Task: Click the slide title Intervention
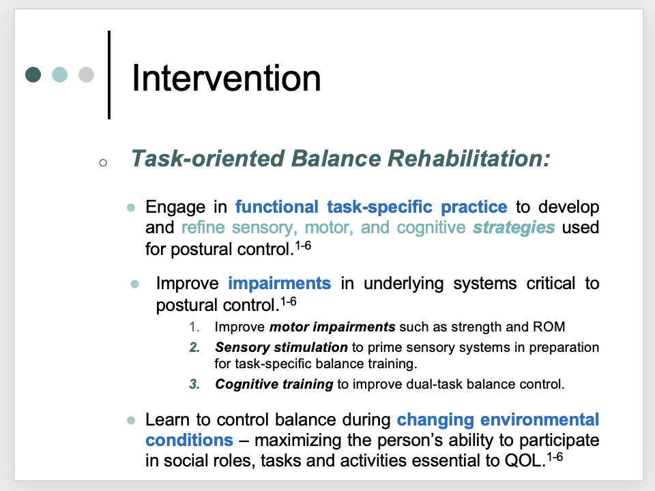point(226,78)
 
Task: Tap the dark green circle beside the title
point(33,74)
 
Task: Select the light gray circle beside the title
point(86,74)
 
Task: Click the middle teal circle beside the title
point(60,74)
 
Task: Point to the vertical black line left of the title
point(108,74)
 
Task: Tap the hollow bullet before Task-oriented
point(102,163)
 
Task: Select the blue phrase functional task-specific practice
point(371,207)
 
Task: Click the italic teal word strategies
point(514,227)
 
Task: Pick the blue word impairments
point(280,282)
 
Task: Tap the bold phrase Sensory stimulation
point(281,348)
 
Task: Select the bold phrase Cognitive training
point(274,384)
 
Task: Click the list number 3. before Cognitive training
point(194,384)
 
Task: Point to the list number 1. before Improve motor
point(195,327)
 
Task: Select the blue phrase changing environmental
point(498,419)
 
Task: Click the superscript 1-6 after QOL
point(555,456)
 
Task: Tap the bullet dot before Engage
point(131,207)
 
